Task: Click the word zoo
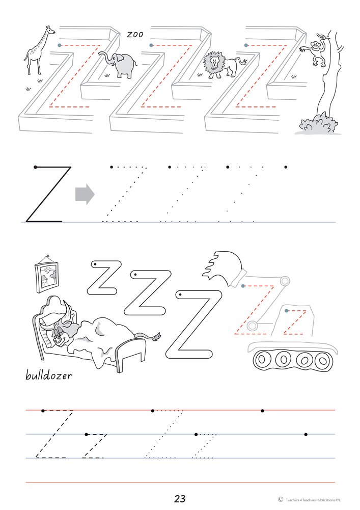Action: click(135, 34)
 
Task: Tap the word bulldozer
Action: click(48, 375)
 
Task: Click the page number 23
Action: click(180, 499)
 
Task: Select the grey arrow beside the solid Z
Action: click(85, 195)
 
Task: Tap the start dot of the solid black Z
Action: click(36, 167)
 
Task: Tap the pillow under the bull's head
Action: click(49, 330)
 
